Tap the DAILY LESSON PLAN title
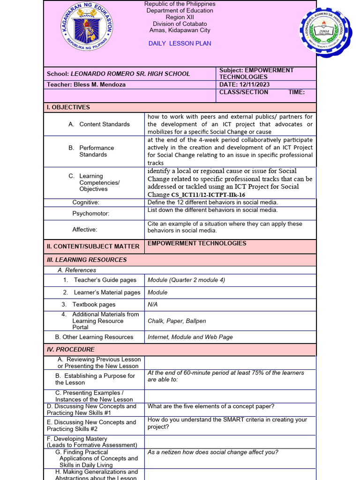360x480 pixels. [x=180, y=44]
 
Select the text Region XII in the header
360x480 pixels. [x=180, y=17]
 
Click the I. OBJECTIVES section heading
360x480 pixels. [x=68, y=107]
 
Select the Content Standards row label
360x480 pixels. [x=105, y=124]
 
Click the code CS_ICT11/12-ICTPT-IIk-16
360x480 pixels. [x=208, y=195]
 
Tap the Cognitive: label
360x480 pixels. [x=86, y=202]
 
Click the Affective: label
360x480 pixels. [x=85, y=230]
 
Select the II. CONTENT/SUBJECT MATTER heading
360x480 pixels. [x=93, y=247]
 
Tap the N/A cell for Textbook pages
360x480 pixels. [x=153, y=305]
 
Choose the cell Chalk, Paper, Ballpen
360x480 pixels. [x=177, y=321]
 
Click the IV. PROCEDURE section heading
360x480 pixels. [x=71, y=350]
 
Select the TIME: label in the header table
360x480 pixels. [x=296, y=92]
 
